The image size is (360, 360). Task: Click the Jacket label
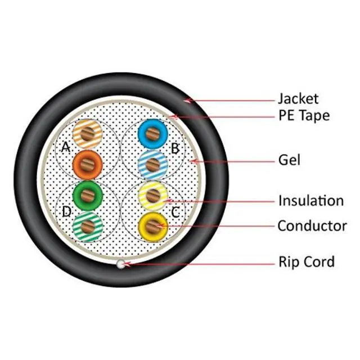[x=298, y=99]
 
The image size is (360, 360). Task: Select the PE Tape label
[x=304, y=116]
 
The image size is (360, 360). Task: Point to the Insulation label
[x=310, y=200]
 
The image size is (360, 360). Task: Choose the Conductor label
[x=312, y=226]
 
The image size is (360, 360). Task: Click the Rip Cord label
[x=307, y=262]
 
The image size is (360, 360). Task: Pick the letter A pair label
[x=66, y=147]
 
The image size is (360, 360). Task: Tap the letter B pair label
[x=175, y=149]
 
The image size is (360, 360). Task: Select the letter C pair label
[x=176, y=211]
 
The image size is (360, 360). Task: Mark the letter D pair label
[x=67, y=211]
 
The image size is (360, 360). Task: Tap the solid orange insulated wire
[x=88, y=165]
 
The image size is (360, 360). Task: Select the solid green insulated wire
[x=88, y=195]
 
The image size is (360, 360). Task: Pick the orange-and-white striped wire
[x=88, y=134]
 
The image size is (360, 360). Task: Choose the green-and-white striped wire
[x=88, y=226]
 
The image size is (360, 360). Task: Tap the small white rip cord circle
[x=120, y=263]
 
